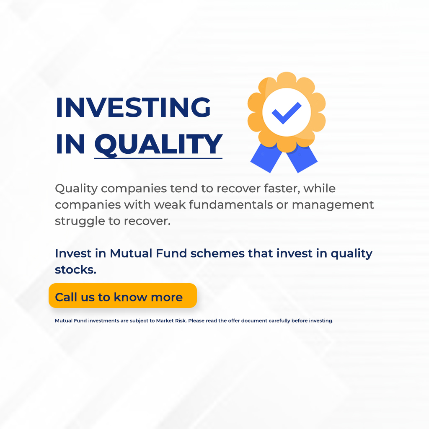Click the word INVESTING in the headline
[133, 107]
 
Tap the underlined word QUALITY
[158, 145]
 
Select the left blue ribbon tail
[266, 158]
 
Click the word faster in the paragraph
[282, 189]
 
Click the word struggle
[80, 221]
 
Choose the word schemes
[217, 253]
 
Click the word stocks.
[75, 270]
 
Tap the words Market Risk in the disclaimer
[171, 320]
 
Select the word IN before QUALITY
[70, 145]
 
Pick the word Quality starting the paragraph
[76, 189]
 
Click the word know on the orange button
[130, 297]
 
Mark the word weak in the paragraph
[170, 204]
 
